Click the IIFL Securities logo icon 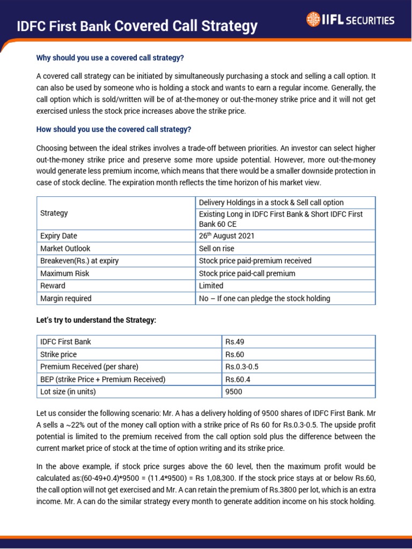[312, 20]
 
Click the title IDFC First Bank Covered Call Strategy [137, 26]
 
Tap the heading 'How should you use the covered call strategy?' [113, 129]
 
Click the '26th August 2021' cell [226, 236]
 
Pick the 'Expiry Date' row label [58, 236]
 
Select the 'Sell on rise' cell [217, 249]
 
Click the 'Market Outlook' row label [65, 249]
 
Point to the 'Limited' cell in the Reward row [211, 286]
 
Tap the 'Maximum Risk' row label [64, 273]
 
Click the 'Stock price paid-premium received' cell [255, 261]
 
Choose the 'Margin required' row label [65, 298]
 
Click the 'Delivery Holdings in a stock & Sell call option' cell [271, 202]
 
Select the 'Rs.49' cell [235, 342]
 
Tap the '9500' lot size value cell [234, 391]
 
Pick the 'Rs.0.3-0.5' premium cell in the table [242, 367]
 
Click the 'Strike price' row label [58, 354]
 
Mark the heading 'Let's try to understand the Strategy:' [96, 320]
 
